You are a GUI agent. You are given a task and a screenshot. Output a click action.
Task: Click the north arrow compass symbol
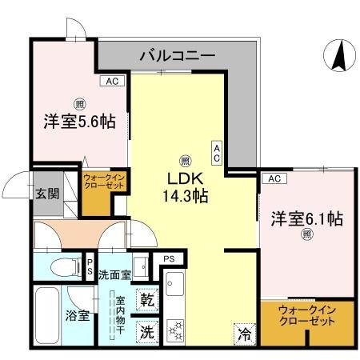click(339, 55)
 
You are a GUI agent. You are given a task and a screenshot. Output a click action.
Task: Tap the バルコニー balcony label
click(177, 56)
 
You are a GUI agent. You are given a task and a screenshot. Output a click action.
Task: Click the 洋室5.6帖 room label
click(79, 122)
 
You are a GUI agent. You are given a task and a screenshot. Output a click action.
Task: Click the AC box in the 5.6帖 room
click(111, 81)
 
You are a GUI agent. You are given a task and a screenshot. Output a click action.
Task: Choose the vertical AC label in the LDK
click(217, 153)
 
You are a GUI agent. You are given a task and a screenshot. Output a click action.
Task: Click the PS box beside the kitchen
click(169, 259)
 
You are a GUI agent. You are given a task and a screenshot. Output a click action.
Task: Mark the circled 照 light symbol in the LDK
click(185, 159)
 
